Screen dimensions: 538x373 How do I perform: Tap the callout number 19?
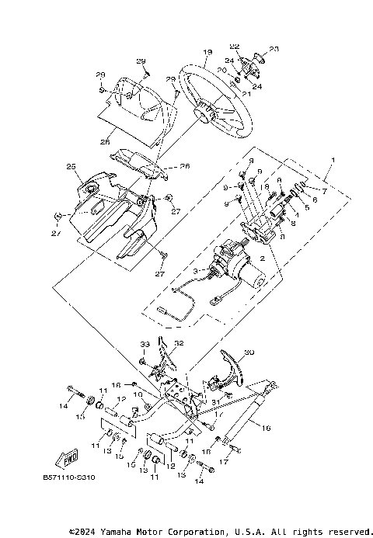tap(207, 53)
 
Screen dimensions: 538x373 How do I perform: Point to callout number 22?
tap(234, 47)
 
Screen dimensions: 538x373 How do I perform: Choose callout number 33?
tap(144, 343)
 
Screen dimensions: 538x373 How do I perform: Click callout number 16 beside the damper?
tap(266, 427)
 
